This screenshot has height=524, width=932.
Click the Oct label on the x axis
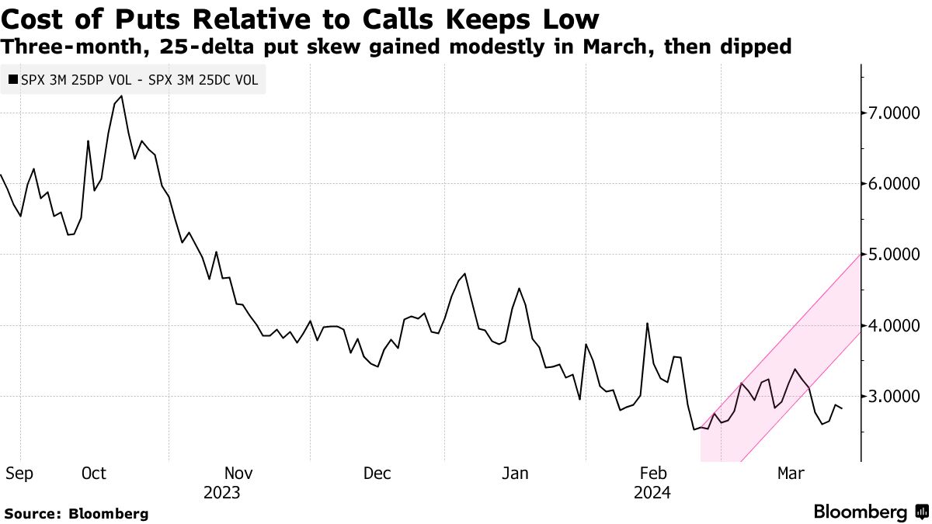point(93,474)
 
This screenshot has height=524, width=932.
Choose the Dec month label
point(377,474)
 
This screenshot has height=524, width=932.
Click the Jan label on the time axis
point(515,474)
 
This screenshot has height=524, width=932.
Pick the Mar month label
point(792,474)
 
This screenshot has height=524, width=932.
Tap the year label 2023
point(221,493)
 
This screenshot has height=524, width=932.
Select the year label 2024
point(652,493)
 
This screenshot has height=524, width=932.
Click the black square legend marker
point(12,78)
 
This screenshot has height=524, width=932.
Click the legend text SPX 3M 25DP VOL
point(71,78)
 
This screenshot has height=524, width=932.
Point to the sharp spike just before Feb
point(647,323)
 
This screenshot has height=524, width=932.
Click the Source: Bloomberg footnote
point(76,513)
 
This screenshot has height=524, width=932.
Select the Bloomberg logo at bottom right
point(870,512)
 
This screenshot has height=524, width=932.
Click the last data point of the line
point(842,408)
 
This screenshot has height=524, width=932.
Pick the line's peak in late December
point(464,273)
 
